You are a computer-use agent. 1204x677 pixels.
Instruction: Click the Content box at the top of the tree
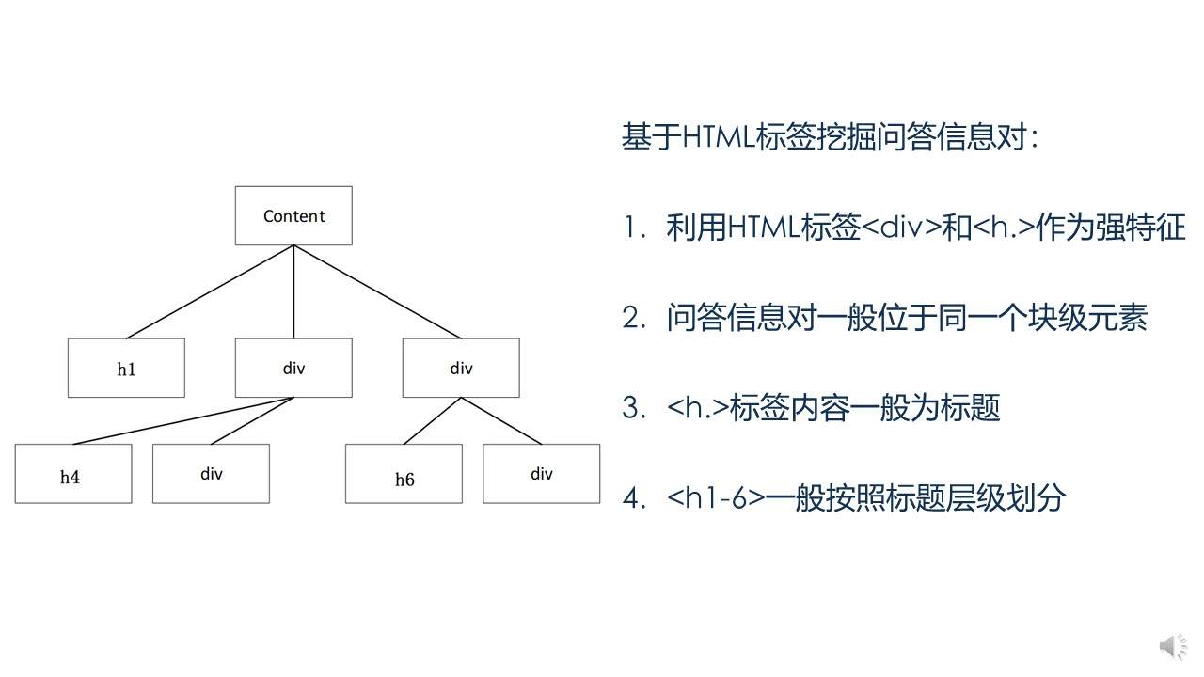293,215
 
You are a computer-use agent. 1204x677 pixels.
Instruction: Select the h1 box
126,368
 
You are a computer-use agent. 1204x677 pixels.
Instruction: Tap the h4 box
73,474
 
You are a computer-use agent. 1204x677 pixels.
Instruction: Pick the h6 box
404,474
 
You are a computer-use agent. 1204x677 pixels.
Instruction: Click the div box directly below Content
293,368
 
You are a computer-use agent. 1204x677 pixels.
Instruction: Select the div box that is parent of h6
461,368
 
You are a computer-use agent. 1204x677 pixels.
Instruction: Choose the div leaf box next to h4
211,474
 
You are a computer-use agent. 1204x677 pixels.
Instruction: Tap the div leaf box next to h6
541,474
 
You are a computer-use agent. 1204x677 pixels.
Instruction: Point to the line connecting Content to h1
210,291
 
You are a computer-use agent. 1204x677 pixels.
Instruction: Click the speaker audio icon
1172,647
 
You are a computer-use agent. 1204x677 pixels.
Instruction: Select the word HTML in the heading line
718,137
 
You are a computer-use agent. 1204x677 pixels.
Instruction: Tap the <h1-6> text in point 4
716,497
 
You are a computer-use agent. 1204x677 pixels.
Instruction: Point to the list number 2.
631,318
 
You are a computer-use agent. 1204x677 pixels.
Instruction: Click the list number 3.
631,408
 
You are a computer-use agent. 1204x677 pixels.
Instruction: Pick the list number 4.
631,497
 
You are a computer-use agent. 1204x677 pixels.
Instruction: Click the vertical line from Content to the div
293,291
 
